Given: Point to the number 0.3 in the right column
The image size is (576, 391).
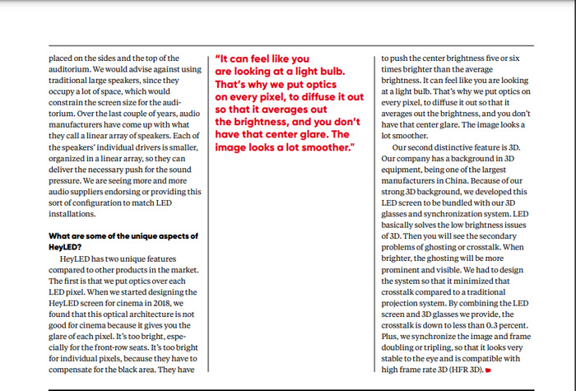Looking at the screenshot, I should [x=471, y=326].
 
